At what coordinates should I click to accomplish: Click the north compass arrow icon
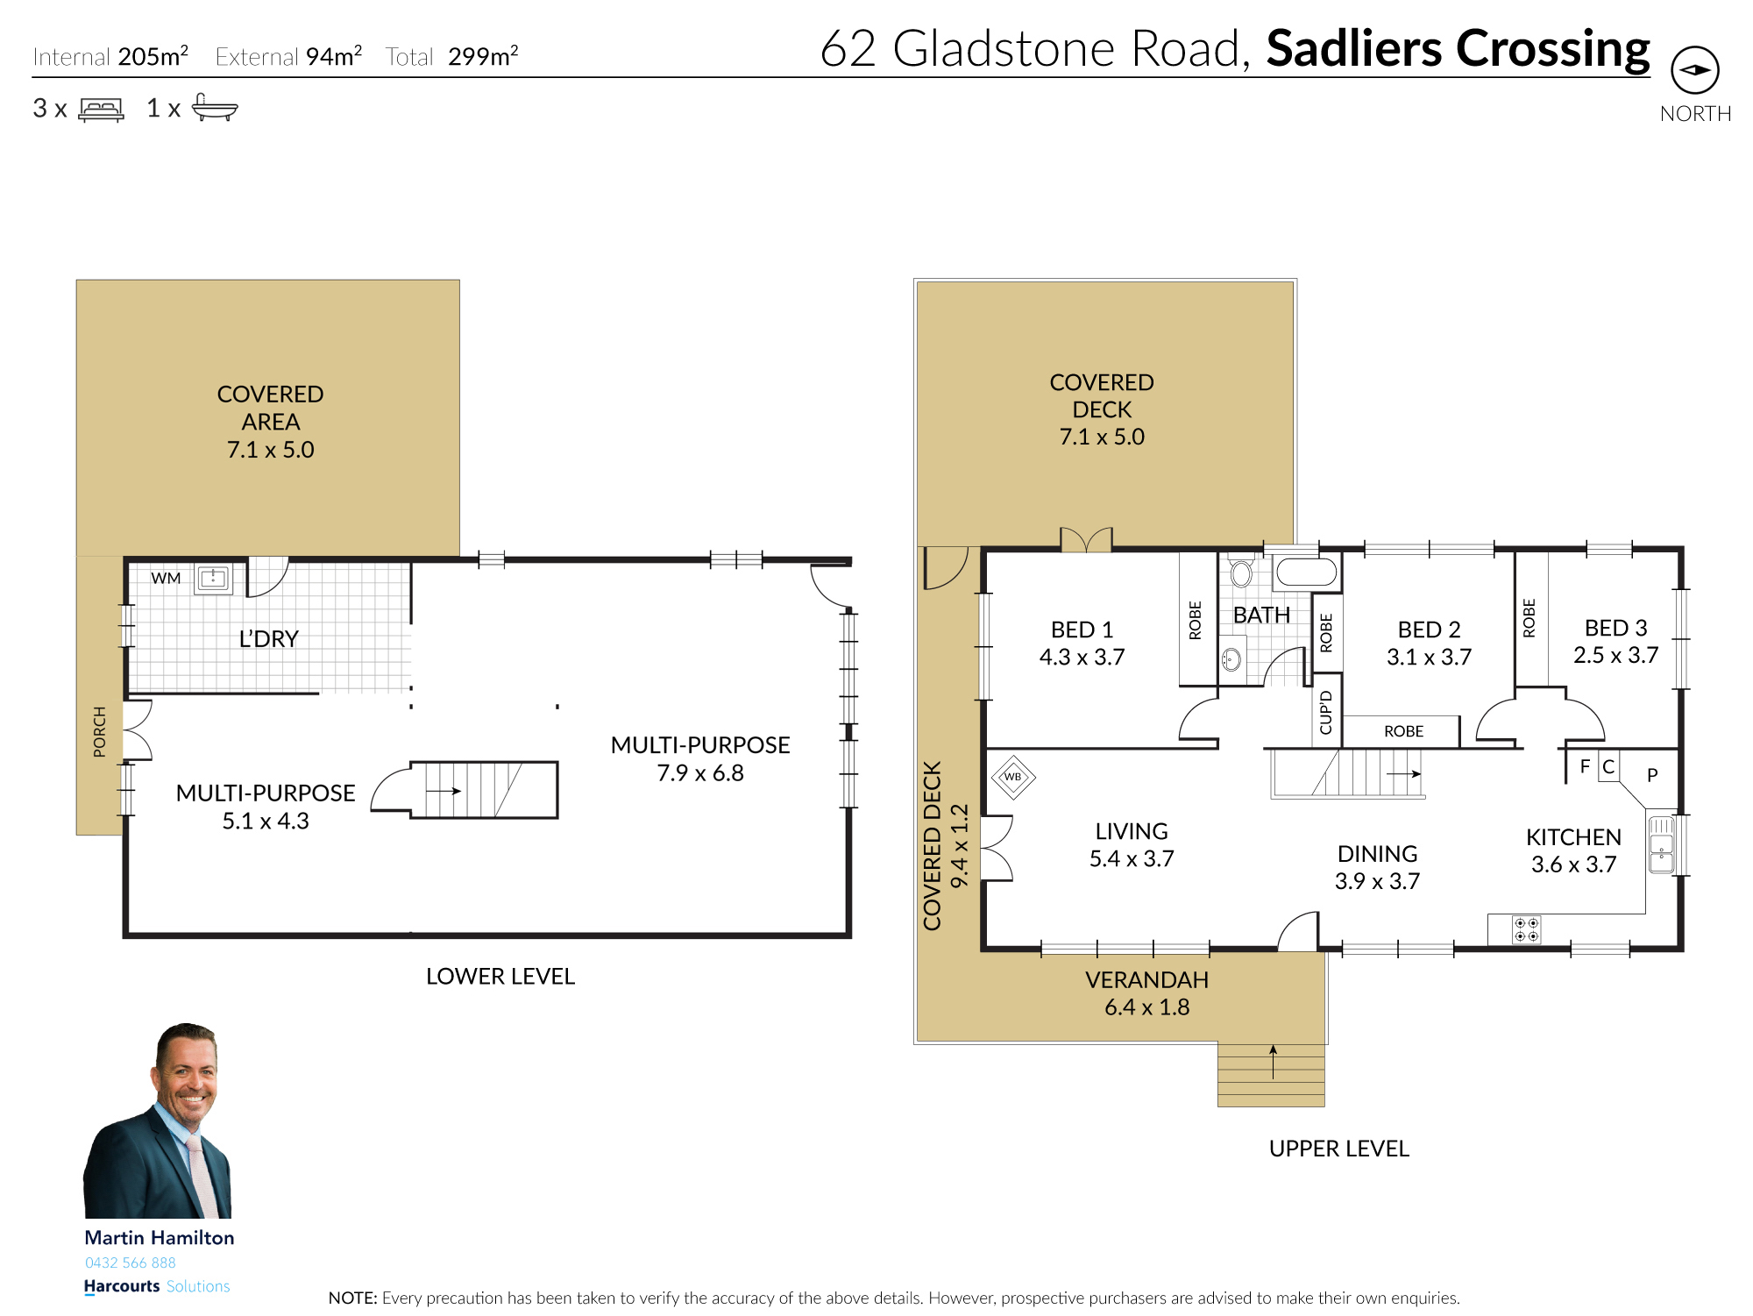(x=1694, y=70)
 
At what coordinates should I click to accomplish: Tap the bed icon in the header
(x=101, y=109)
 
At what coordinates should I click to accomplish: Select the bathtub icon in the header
(x=214, y=107)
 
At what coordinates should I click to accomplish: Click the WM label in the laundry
(x=166, y=579)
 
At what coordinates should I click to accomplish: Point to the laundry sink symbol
(x=213, y=579)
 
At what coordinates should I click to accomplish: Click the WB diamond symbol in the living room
(x=1013, y=777)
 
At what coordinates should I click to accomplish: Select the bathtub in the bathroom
(x=1306, y=572)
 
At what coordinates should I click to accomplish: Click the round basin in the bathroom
(x=1231, y=659)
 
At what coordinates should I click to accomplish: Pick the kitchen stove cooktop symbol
(x=1526, y=929)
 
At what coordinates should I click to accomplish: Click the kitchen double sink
(x=1661, y=844)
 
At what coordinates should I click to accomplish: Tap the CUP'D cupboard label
(x=1325, y=712)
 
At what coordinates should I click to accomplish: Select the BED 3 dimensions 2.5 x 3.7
(x=1615, y=655)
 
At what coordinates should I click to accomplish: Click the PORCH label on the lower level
(x=100, y=731)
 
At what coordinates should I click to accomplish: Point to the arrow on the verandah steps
(x=1273, y=1062)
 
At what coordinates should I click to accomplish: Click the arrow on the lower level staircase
(x=444, y=791)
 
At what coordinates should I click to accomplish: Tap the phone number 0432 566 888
(x=131, y=1263)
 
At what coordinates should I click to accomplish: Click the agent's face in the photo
(x=187, y=1071)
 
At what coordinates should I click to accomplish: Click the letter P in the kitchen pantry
(x=1652, y=775)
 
